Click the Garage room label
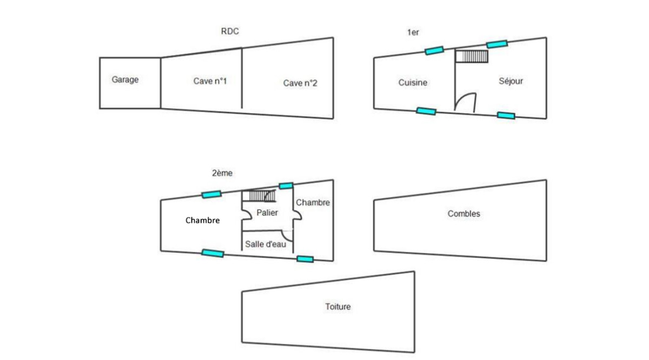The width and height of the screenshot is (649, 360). [125, 79]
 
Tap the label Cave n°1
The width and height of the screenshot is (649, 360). [210, 81]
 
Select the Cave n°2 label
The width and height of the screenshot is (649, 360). [300, 83]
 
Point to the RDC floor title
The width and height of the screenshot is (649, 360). [230, 31]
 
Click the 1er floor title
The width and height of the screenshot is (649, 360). [413, 32]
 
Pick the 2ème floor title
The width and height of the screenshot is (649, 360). [222, 173]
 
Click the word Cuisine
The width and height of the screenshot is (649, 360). [413, 83]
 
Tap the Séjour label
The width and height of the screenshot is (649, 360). [511, 81]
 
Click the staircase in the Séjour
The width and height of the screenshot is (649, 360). [472, 56]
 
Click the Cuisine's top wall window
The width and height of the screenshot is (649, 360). [434, 50]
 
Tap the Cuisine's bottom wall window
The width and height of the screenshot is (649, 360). [426, 111]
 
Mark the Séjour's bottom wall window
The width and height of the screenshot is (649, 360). [506, 115]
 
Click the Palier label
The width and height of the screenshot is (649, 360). [267, 212]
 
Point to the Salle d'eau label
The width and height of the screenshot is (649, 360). [266, 244]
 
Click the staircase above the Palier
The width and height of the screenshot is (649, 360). [259, 196]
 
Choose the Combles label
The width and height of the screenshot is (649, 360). [463, 214]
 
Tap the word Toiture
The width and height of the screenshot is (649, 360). [338, 306]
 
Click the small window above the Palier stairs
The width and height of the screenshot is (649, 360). [286, 185]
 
